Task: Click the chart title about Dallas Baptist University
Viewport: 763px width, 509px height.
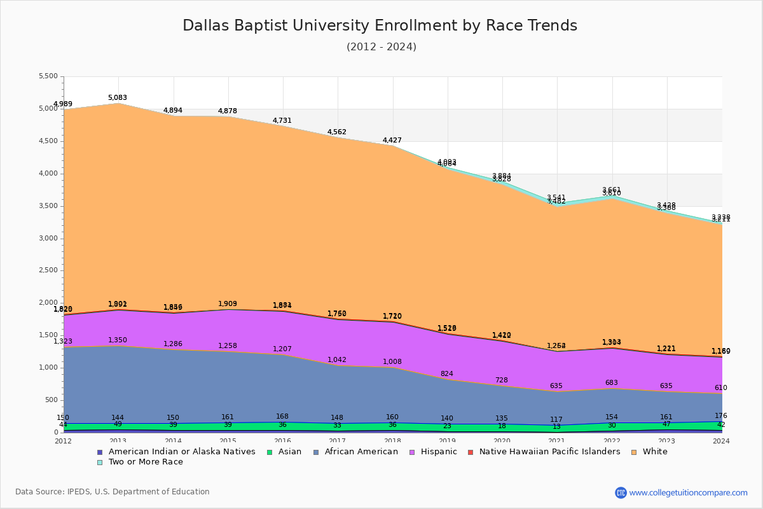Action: click(x=380, y=25)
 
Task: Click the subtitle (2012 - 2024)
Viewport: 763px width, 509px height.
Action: click(x=381, y=46)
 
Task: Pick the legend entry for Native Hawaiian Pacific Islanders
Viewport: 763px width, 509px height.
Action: click(x=549, y=452)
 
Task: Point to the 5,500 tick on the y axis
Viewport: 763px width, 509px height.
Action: click(x=48, y=76)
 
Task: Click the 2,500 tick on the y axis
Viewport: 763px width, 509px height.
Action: click(x=48, y=270)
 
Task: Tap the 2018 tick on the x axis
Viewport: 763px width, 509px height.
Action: click(x=393, y=441)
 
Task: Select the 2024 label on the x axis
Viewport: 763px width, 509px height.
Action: click(x=722, y=441)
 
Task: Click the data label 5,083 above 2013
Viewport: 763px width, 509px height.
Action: click(x=118, y=97)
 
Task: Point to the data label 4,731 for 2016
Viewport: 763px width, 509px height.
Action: click(x=282, y=120)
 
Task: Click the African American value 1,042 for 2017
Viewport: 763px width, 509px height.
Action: click(x=337, y=359)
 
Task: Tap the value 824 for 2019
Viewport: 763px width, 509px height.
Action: click(x=447, y=373)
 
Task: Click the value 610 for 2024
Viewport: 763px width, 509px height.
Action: click(x=721, y=387)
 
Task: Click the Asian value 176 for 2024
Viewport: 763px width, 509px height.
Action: click(x=721, y=415)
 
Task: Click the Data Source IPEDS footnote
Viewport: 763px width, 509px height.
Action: click(x=113, y=492)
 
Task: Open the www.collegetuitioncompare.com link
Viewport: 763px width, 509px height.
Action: click(x=688, y=492)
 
